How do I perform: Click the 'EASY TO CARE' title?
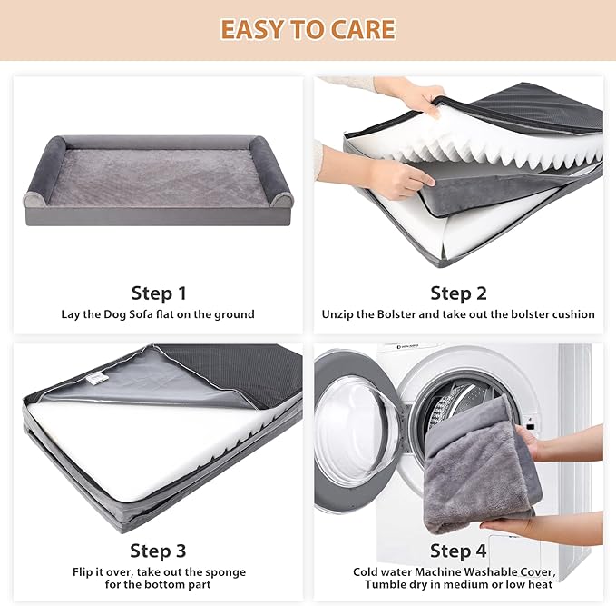tap(308, 29)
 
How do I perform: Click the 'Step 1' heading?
tap(159, 293)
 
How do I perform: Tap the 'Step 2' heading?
tap(458, 293)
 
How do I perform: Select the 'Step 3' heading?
tap(158, 551)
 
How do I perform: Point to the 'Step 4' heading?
tap(458, 551)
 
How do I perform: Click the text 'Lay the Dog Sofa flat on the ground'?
tap(158, 314)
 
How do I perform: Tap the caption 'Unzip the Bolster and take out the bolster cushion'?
tap(458, 314)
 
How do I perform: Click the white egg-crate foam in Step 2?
tap(508, 145)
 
